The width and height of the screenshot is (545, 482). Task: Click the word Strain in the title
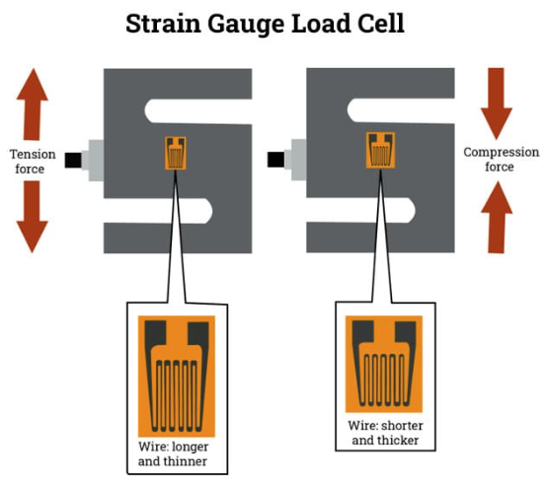[163, 24]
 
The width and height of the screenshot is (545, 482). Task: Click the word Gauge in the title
[246, 25]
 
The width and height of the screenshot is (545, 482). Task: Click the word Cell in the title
[381, 24]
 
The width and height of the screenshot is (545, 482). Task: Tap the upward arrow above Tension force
[33, 104]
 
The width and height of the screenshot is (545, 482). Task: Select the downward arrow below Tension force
[33, 217]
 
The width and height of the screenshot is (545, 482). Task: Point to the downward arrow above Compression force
[497, 103]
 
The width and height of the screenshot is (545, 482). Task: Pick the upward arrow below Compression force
[497, 217]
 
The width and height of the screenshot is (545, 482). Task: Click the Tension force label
[33, 162]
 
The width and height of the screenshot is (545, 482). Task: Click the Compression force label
[501, 160]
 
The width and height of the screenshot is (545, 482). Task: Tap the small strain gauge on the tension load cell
[176, 153]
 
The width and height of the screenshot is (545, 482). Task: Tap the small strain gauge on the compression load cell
[380, 150]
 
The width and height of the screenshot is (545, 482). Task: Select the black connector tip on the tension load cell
[73, 160]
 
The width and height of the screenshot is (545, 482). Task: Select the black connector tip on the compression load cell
[276, 160]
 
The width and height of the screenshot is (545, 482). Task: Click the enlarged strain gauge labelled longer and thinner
[177, 377]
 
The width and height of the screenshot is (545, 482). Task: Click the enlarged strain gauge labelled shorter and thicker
[384, 364]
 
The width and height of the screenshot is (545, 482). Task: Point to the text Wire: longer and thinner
[173, 453]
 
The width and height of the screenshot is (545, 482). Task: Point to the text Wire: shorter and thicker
[385, 433]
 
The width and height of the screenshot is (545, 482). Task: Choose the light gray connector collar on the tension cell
[93, 161]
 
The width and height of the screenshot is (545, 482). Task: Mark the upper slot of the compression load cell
[401, 110]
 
